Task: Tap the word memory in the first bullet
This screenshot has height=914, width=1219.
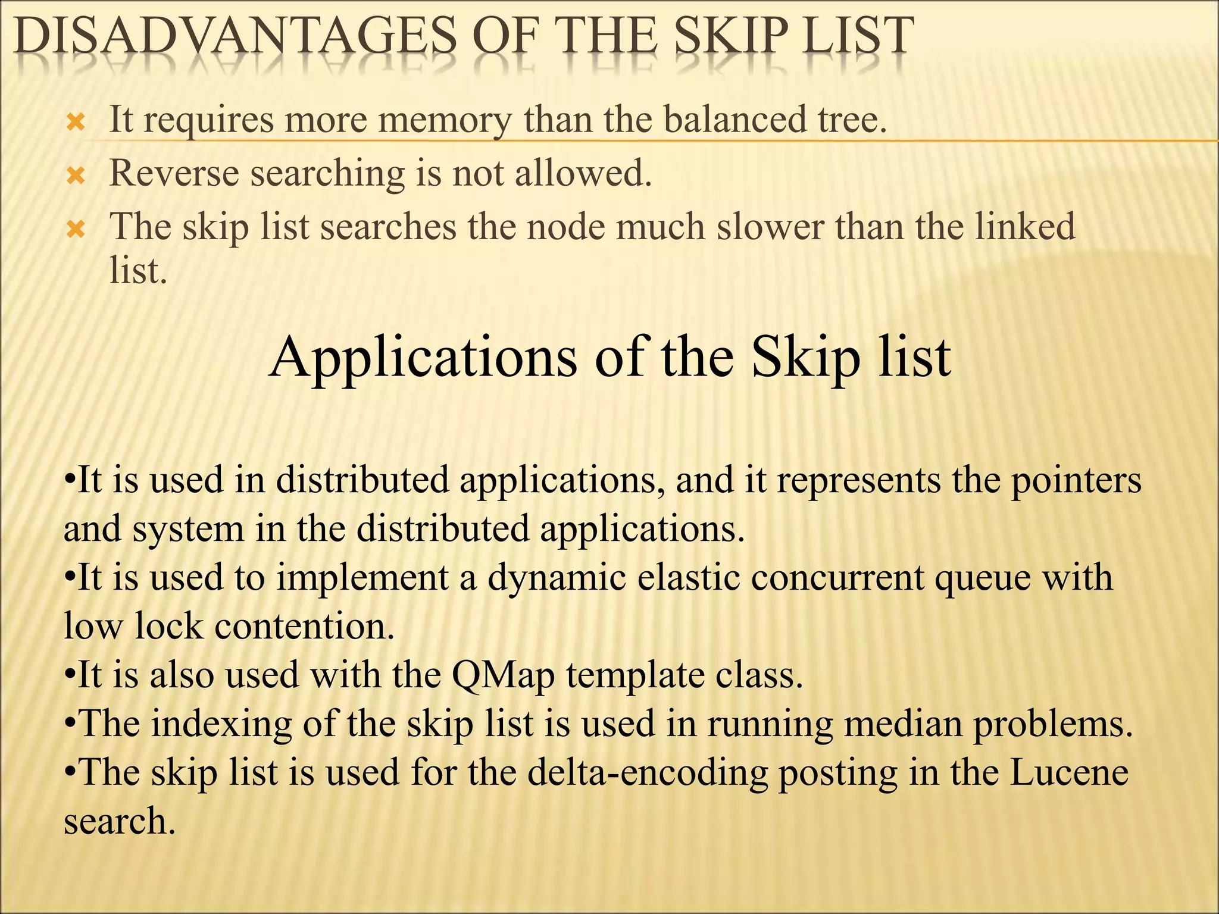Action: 444,120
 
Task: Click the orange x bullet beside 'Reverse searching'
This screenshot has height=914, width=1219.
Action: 76,176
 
